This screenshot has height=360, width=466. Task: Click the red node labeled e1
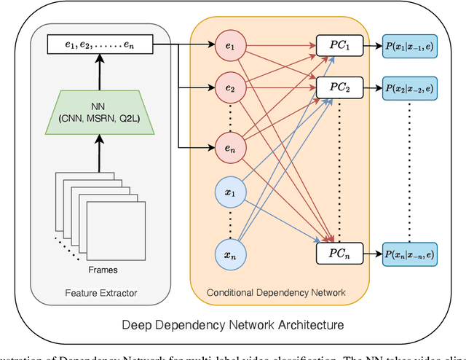pyautogui.click(x=230, y=46)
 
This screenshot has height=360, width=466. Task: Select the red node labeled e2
pyautogui.click(x=230, y=90)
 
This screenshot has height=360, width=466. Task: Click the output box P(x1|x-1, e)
pyautogui.click(x=409, y=46)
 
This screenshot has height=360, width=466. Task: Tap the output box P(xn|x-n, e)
pyautogui.click(x=409, y=254)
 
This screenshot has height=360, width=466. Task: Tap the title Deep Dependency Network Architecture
pyautogui.click(x=232, y=324)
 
